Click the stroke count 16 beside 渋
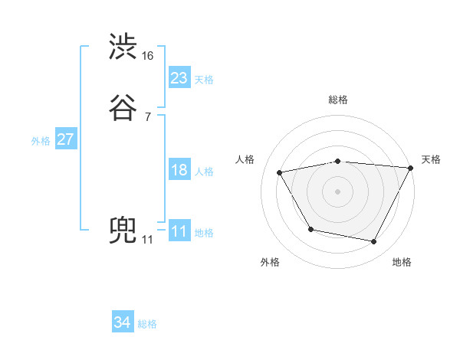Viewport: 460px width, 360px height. point(148,56)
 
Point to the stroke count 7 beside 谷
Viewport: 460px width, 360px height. point(147,116)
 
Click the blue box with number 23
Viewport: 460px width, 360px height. point(179,78)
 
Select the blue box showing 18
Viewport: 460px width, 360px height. point(179,171)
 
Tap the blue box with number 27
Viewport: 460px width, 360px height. point(65,140)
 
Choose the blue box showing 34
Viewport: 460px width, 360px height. point(123,323)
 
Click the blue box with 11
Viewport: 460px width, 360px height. point(179,232)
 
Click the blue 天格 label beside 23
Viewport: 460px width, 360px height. point(204,80)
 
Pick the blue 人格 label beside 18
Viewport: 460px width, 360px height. point(204,172)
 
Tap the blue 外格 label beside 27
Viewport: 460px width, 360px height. point(41,141)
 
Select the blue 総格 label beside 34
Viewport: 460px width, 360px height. point(147,324)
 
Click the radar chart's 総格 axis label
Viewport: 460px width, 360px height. point(337,100)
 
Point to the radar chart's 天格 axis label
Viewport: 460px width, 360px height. point(431,159)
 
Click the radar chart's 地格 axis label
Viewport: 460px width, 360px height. point(402,262)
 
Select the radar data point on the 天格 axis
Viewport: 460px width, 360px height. point(411,168)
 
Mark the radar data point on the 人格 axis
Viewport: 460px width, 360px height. point(280,173)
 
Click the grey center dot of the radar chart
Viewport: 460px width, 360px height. point(337,191)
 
